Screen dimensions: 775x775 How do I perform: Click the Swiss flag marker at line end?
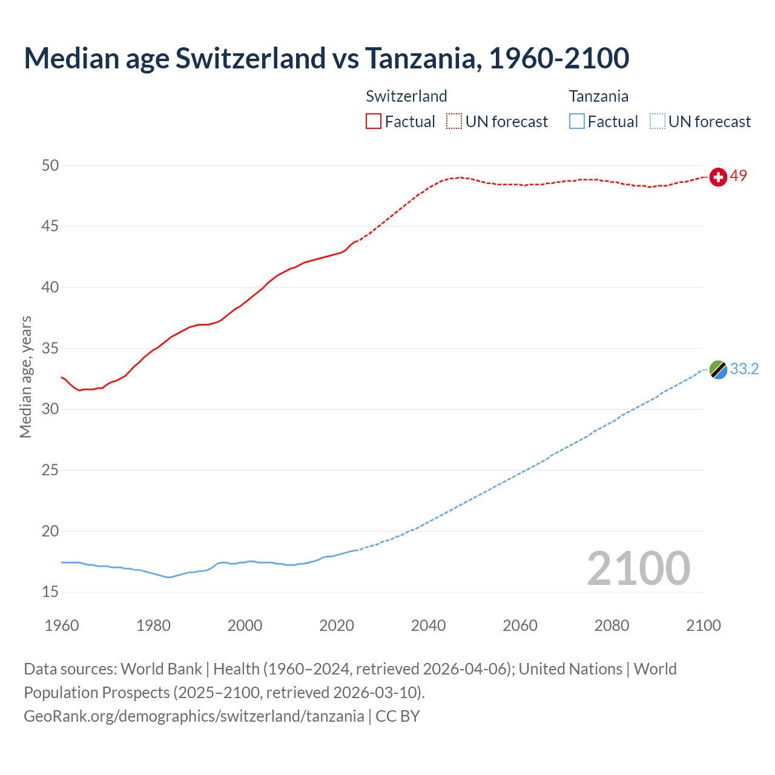(718, 177)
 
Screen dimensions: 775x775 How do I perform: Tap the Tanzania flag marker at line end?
(718, 369)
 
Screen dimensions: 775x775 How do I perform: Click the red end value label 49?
(739, 176)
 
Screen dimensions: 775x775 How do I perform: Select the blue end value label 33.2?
(744, 369)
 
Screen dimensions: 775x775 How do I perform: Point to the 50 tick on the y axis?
(51, 165)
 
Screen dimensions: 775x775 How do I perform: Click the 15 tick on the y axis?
(51, 592)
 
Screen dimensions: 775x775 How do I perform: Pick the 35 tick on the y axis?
(51, 349)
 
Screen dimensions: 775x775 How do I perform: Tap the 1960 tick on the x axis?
(62, 625)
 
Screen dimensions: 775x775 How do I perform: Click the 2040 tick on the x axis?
(428, 625)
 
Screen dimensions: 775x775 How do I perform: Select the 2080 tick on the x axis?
(612, 625)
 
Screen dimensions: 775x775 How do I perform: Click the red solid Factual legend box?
(374, 121)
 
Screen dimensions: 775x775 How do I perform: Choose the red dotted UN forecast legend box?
(454, 121)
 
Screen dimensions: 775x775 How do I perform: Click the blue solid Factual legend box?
(577, 121)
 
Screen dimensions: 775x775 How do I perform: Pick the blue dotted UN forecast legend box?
(657, 121)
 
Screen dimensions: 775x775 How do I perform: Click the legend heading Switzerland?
(406, 96)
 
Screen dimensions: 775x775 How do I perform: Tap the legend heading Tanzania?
(598, 96)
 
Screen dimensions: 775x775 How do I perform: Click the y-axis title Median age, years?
(25, 377)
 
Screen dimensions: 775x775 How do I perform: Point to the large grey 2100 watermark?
(638, 569)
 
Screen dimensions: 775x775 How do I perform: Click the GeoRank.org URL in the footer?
(194, 716)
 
